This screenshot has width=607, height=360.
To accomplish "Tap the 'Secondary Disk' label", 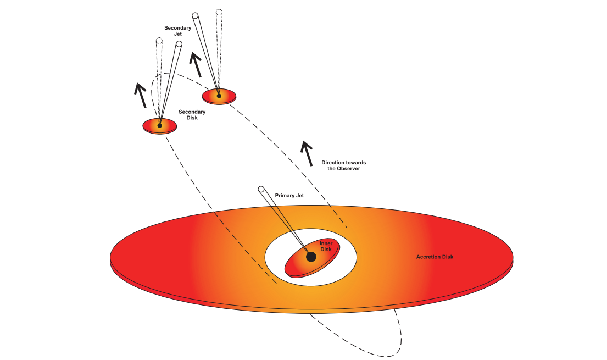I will tap(192, 114).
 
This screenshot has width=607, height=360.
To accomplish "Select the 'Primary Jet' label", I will tap(289, 195).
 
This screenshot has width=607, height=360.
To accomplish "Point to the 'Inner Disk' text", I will tap(326, 246).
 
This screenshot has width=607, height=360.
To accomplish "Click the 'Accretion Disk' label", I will tap(435, 257).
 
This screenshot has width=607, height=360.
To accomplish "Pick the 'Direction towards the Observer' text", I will tap(343, 165).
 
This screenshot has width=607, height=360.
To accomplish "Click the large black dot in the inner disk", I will tap(311, 257).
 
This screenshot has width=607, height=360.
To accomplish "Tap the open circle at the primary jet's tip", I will tap(261, 190).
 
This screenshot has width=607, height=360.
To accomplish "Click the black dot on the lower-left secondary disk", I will tap(159, 125).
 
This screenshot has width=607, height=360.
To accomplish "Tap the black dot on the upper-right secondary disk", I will tap(219, 96).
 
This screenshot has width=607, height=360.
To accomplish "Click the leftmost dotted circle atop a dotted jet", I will tap(159, 41).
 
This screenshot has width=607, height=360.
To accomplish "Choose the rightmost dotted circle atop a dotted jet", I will tap(219, 12).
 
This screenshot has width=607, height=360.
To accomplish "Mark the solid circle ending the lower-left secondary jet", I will tap(179, 44).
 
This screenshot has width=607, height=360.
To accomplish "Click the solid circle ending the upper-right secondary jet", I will tap(195, 15).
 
